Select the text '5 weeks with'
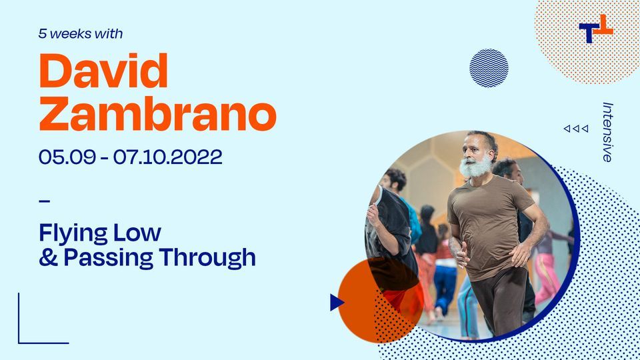(x=81, y=33)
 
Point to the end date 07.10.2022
(x=167, y=157)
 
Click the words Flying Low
(x=100, y=233)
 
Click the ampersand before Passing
(x=48, y=257)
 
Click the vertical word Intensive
(x=607, y=131)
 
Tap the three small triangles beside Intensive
(x=576, y=129)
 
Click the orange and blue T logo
(x=595, y=29)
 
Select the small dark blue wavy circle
(x=489, y=68)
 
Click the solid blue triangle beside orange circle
(x=337, y=303)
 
